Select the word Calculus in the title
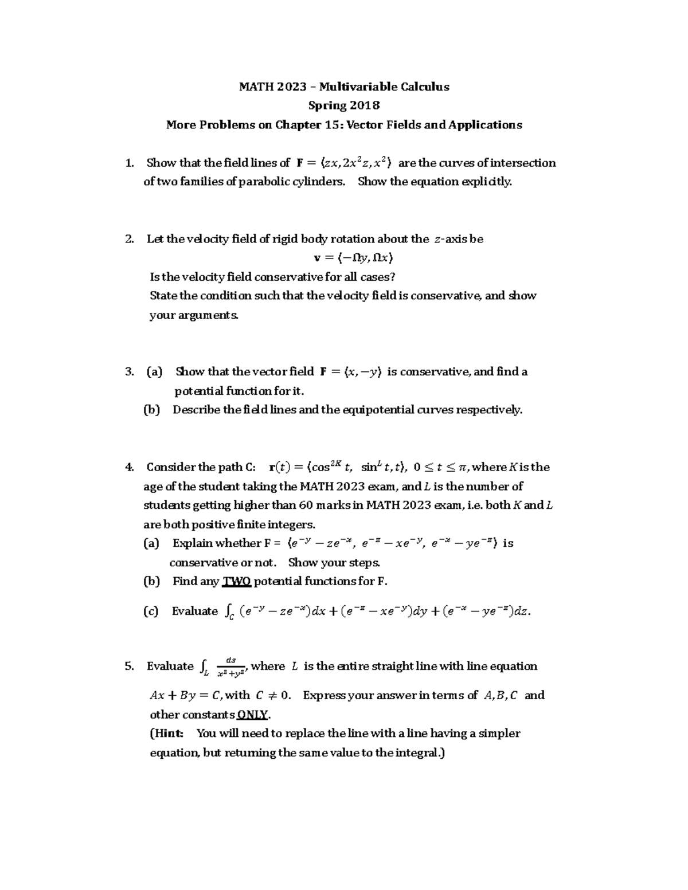(x=424, y=87)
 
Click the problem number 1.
(x=129, y=163)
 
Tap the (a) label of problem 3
(x=154, y=371)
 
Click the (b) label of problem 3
(x=151, y=410)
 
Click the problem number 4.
(x=129, y=467)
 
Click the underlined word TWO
(x=236, y=581)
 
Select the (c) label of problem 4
(x=151, y=611)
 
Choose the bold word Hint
(x=167, y=734)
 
